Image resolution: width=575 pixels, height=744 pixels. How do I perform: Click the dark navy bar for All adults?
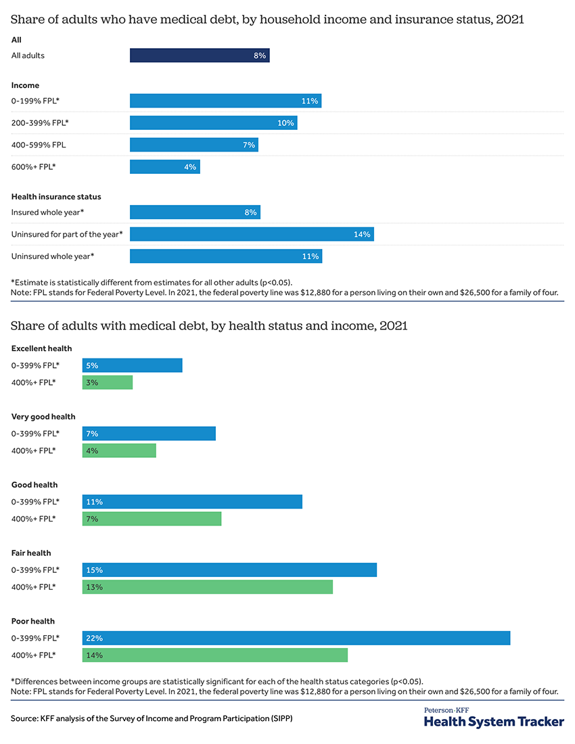coord(200,55)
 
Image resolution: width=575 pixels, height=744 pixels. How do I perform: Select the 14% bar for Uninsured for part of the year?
coord(252,234)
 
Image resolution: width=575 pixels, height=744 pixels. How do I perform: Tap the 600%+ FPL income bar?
coord(164,166)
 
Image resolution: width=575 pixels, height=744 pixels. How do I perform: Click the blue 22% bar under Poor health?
coord(296,638)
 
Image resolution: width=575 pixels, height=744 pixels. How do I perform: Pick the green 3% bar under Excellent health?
coord(108,383)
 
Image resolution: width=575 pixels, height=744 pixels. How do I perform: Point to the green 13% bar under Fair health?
coord(208,587)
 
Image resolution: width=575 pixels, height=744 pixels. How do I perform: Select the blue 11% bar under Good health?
coord(192,502)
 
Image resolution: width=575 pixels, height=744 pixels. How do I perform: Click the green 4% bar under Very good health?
coord(119,450)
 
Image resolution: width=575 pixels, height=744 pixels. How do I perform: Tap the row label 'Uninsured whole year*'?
coord(53,256)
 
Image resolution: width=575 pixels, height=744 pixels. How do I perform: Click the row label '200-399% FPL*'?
coord(40,123)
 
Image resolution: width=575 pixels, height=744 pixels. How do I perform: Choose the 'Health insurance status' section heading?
coord(56,197)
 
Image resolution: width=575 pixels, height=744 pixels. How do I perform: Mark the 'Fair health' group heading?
coord(31,553)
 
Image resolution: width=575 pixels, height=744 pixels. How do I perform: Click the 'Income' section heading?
coord(25,85)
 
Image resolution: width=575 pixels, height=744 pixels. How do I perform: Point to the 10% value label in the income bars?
coord(285,123)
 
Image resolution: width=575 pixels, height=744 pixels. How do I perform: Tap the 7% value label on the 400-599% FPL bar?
coord(248,145)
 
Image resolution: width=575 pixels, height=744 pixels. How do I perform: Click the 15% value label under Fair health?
coord(94,570)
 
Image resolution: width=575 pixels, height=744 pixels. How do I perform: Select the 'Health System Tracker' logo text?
coord(494,722)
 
